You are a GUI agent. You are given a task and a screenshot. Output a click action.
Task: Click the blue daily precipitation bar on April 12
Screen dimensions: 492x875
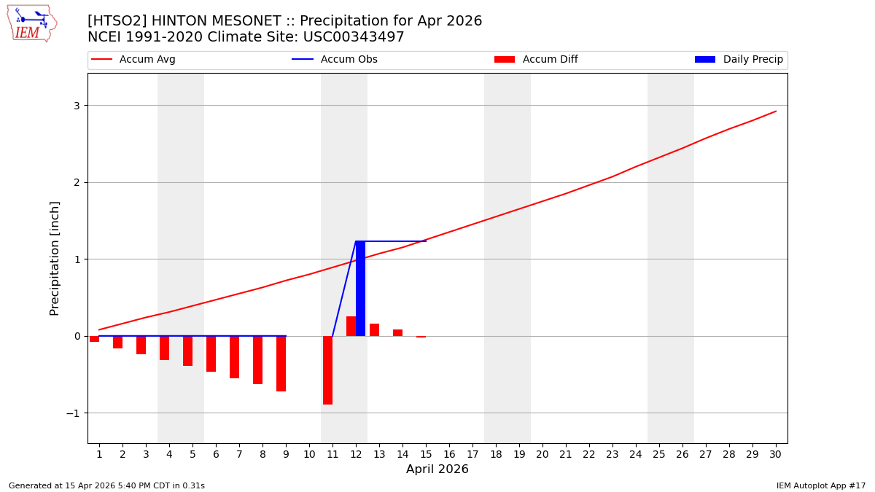360,289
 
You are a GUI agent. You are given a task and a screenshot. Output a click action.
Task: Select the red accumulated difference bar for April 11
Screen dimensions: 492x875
327,370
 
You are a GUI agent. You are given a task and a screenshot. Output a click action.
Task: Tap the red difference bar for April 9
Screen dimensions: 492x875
281,364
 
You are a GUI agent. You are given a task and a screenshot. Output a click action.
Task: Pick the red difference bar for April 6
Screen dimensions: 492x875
211,354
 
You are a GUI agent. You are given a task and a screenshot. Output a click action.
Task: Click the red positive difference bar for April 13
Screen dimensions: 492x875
374,330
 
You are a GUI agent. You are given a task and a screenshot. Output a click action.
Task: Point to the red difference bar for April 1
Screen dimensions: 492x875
94,339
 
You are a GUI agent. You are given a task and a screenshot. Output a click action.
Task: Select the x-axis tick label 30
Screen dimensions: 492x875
775,454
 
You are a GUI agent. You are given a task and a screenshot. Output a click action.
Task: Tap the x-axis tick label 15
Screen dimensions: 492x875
426,454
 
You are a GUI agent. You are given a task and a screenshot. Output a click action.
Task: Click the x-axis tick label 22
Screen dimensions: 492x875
589,454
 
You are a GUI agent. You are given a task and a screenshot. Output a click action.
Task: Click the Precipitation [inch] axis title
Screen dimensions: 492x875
55,258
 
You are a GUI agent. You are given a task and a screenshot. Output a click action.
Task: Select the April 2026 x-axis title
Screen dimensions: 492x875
437,469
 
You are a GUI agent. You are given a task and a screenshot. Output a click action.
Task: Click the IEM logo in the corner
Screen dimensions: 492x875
31,23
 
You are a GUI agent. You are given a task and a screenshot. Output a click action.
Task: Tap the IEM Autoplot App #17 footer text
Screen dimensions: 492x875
821,485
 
